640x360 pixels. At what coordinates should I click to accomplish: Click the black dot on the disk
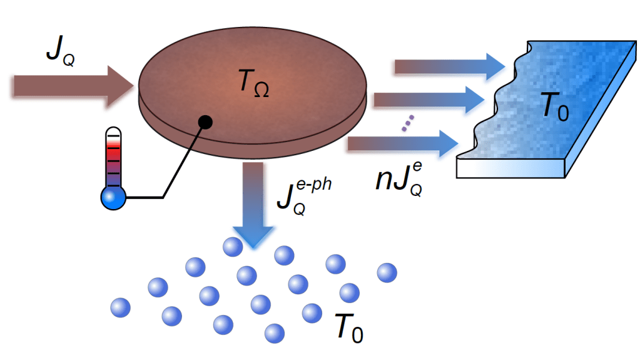click(205, 122)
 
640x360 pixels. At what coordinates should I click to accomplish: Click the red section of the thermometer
click(113, 150)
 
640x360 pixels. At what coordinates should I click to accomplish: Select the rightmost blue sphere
click(386, 273)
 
